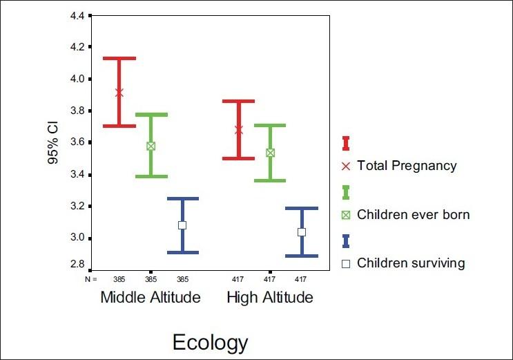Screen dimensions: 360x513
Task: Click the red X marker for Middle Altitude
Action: click(119, 93)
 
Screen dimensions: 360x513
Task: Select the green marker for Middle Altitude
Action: click(151, 146)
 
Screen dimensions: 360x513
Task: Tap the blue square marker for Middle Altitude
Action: click(182, 225)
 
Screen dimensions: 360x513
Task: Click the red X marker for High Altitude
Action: click(239, 130)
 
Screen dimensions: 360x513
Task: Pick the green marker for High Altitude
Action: click(270, 153)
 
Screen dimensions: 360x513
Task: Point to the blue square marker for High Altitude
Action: click(302, 232)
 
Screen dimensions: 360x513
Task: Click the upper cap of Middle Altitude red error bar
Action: click(119, 58)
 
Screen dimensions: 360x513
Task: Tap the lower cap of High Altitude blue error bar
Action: click(302, 256)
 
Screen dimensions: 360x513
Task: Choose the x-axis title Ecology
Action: click(210, 342)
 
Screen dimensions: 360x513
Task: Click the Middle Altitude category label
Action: click(151, 298)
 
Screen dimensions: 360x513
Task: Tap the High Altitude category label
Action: click(270, 298)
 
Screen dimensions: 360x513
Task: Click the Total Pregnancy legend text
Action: click(407, 166)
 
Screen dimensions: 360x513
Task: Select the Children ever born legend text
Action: click(413, 215)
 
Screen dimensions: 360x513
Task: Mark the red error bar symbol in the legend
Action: click(346, 143)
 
